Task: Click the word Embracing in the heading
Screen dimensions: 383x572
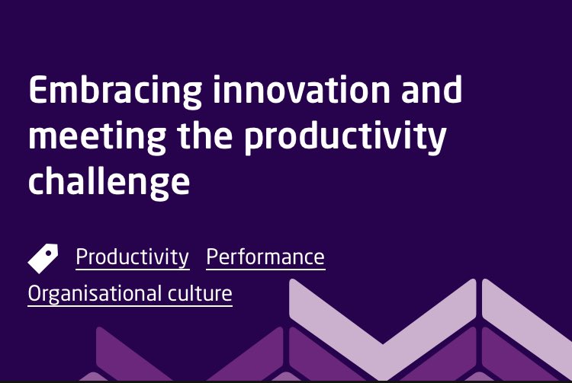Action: point(115,91)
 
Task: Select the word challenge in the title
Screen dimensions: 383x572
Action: point(108,184)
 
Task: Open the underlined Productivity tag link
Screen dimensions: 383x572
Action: point(132,257)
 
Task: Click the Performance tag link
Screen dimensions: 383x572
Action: point(265,257)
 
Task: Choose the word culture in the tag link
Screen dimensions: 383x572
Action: point(200,294)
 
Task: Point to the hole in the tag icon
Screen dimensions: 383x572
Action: point(51,251)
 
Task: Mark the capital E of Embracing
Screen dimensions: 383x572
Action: point(37,91)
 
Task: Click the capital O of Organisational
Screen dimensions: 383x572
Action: point(35,294)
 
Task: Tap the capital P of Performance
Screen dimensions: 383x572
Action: point(211,257)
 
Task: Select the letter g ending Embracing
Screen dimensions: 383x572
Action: point(193,95)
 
